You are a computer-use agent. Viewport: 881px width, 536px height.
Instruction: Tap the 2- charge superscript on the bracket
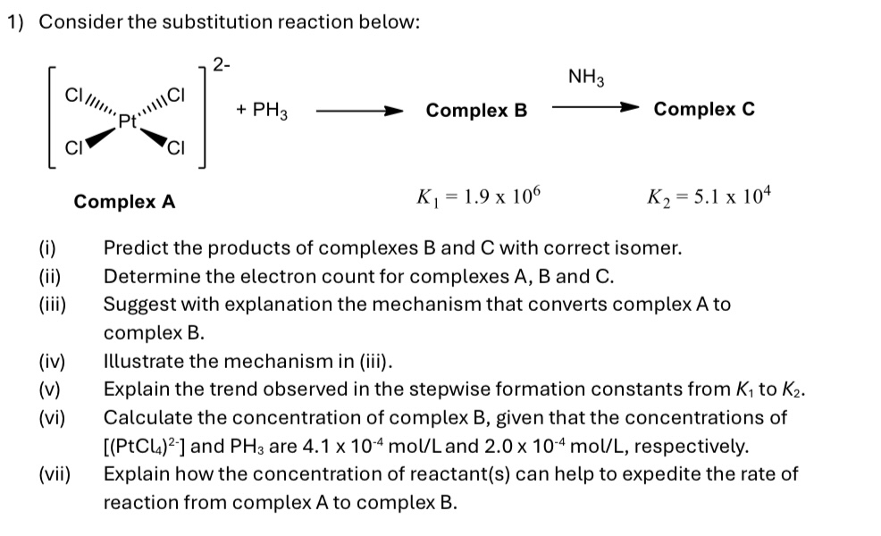pos(222,63)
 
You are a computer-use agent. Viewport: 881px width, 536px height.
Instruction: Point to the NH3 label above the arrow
pos(586,78)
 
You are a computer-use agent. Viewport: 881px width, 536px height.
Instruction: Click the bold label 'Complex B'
pos(476,111)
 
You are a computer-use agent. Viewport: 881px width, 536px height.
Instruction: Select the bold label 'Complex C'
pos(704,109)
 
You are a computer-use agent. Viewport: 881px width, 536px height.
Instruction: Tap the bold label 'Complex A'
pos(124,201)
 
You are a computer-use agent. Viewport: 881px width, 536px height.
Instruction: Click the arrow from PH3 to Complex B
pos(358,113)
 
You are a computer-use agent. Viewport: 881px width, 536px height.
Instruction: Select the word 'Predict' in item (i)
pos(134,248)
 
